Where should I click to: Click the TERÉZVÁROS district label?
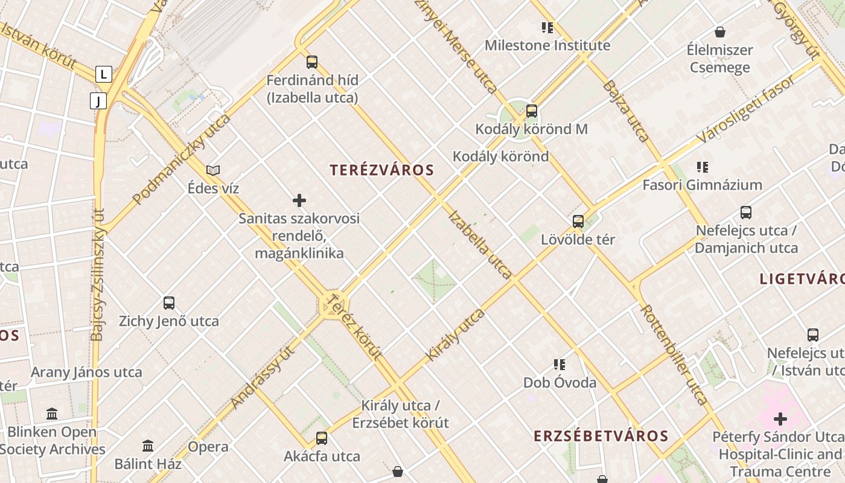[382, 170]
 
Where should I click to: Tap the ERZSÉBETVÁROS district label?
[601, 436]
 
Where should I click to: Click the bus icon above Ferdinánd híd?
[312, 62]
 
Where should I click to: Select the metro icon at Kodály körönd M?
[532, 111]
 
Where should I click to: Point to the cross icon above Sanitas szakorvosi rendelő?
[299, 200]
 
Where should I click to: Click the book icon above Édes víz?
[213, 170]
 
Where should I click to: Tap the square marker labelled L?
[104, 75]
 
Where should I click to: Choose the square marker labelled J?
[98, 101]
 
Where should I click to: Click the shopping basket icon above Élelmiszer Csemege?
[719, 32]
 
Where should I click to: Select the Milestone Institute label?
[547, 45]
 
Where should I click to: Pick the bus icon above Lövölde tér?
[578, 222]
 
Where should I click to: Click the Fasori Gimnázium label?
[702, 185]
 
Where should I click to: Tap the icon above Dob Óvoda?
[560, 365]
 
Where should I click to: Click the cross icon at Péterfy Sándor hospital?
[780, 418]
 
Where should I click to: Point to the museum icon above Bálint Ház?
[148, 446]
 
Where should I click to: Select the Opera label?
[208, 447]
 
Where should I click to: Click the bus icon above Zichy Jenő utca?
[169, 303]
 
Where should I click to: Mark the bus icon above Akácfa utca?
[322, 438]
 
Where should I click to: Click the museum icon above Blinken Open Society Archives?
[52, 414]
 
